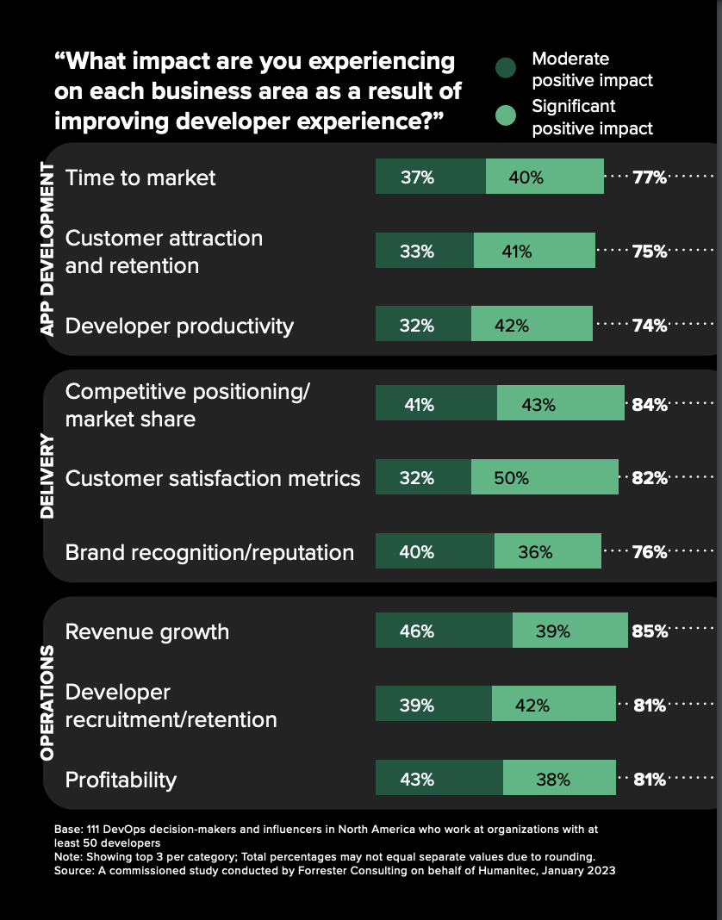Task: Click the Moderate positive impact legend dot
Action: point(507,69)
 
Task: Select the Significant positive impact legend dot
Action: point(507,116)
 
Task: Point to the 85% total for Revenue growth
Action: point(650,631)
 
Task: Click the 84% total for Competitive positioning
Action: point(650,403)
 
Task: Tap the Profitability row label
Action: point(121,780)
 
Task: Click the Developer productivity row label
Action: point(179,326)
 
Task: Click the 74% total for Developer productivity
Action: point(650,326)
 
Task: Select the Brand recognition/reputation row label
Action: point(209,552)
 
